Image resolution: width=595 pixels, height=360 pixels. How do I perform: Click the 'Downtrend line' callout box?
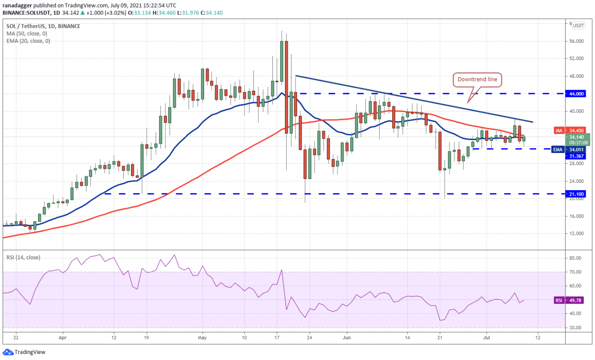[477, 80]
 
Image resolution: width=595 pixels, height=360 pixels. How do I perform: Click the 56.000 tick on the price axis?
[576, 41]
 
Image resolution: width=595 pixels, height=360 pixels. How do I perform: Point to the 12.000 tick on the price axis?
[576, 233]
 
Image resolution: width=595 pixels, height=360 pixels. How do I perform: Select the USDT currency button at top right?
[578, 26]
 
